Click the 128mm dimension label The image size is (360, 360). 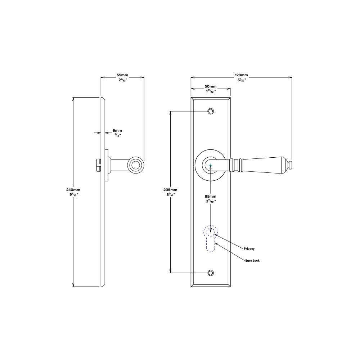click(x=241, y=75)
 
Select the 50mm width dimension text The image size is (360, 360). click(x=211, y=86)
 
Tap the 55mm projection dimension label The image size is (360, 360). click(x=122, y=75)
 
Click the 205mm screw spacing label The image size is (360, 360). click(x=170, y=190)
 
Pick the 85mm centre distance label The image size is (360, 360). click(x=211, y=196)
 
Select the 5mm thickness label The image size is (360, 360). click(x=117, y=130)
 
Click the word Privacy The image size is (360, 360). click(x=249, y=249)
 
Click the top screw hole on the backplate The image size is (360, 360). click(x=211, y=111)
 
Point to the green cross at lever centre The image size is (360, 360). click(x=211, y=166)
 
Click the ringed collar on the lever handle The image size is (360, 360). click(x=238, y=165)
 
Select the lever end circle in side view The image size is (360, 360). click(x=135, y=165)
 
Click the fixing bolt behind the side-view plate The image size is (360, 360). click(x=98, y=166)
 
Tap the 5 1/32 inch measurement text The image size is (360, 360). click(x=241, y=80)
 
